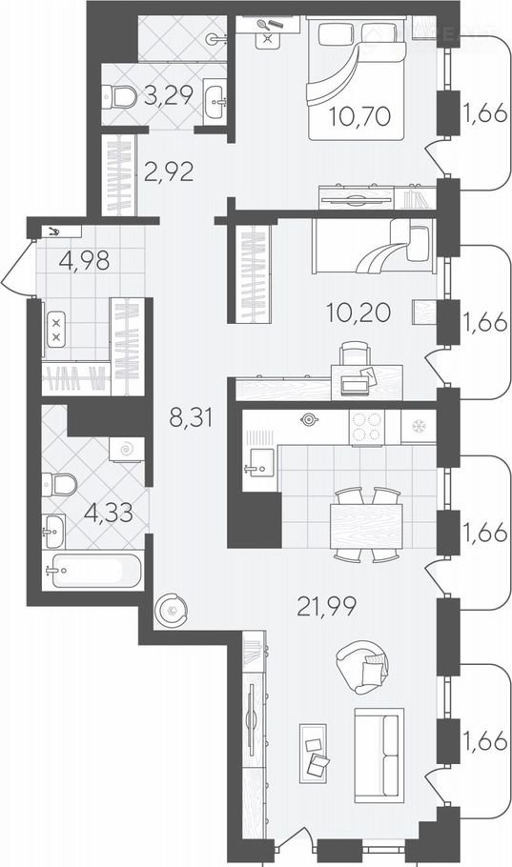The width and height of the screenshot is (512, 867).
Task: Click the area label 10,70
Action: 359,116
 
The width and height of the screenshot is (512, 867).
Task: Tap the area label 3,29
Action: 168,95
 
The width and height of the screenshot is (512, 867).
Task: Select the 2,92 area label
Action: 169,171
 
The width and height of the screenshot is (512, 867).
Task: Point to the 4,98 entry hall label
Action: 84,260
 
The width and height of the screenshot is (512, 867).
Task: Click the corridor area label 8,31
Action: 191,417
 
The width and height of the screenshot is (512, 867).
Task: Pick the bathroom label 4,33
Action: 109,514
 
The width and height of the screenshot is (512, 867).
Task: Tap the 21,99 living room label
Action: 327,607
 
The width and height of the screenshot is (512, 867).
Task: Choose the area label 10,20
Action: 358,313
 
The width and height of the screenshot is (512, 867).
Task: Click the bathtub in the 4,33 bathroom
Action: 92,570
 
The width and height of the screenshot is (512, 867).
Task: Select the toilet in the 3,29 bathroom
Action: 119,97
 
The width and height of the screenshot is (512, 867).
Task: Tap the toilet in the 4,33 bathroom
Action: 60,485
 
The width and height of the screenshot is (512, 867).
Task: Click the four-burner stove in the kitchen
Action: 367,426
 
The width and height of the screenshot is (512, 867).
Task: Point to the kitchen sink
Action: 258,462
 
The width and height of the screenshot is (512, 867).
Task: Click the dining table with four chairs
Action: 365,525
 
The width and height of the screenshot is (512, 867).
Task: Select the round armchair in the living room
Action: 362,666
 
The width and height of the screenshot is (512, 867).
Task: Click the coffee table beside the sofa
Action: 314,753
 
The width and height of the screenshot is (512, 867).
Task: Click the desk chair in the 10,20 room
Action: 354,353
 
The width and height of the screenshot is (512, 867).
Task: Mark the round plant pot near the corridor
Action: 171,610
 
